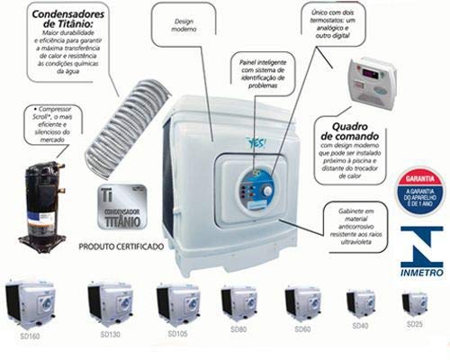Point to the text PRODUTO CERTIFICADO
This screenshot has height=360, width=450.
[119, 245]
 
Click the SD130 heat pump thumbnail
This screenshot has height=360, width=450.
[109, 302]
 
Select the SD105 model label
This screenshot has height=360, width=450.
[178, 334]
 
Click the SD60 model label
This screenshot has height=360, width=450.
[302, 330]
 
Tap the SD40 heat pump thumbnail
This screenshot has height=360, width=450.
[361, 302]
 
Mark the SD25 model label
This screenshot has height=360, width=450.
[414, 323]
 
